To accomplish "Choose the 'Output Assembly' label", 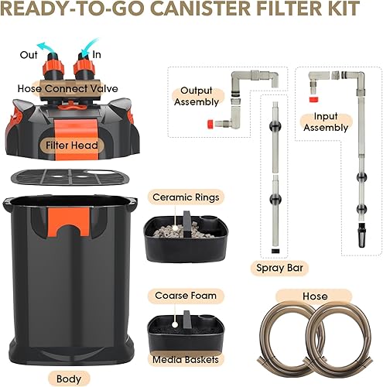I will (x=196, y=96).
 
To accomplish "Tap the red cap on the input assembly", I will (x=313, y=99).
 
